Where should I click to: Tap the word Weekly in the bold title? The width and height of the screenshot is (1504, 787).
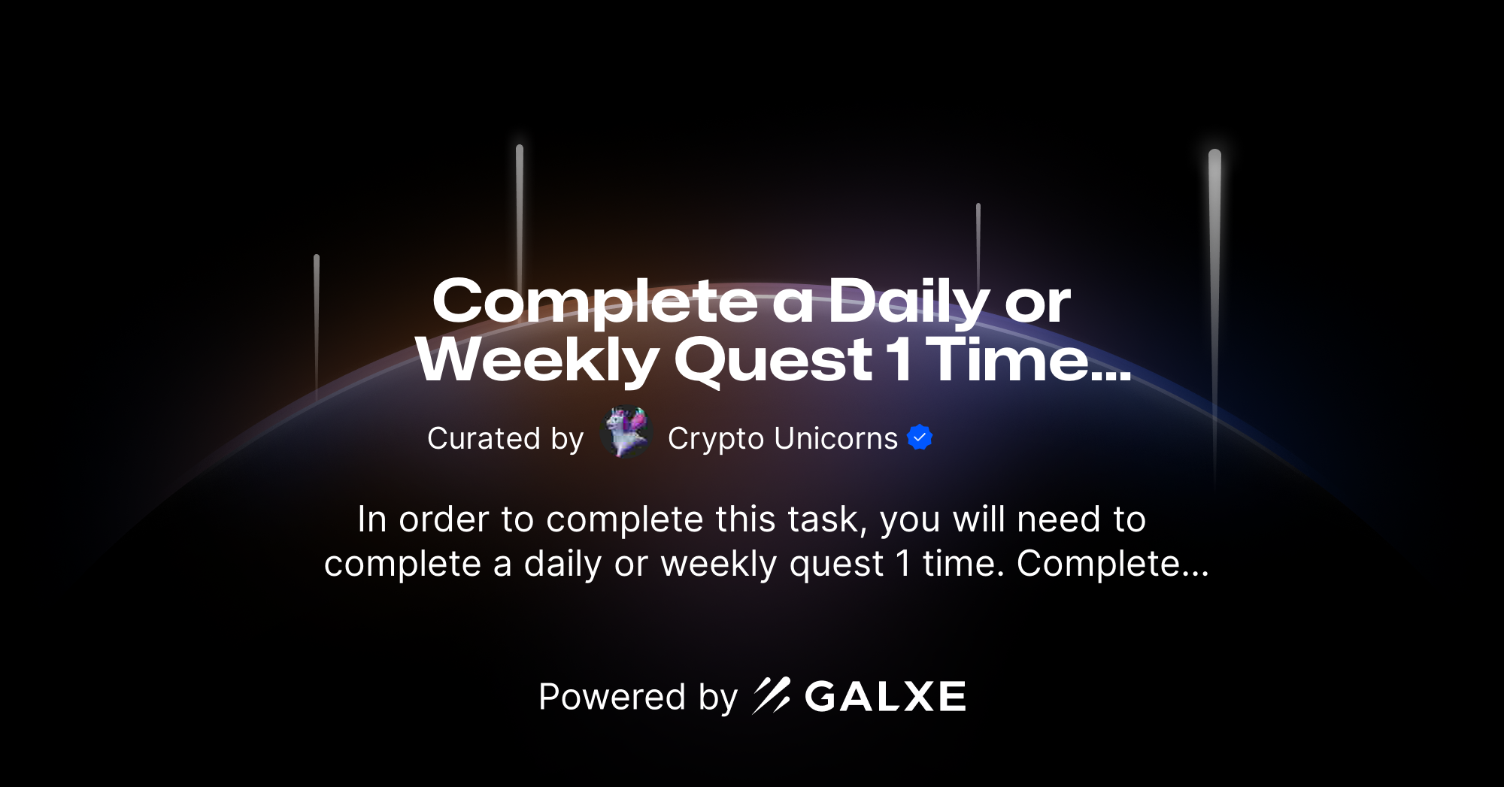[x=537, y=361]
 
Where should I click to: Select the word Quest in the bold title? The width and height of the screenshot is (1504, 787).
[x=773, y=361]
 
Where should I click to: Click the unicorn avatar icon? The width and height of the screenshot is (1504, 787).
[x=626, y=432]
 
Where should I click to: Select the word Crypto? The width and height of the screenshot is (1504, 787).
[x=715, y=439]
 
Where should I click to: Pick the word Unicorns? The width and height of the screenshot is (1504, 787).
[x=835, y=438]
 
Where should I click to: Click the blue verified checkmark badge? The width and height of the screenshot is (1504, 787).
[x=920, y=437]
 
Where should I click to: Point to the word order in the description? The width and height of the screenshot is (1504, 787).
[x=444, y=519]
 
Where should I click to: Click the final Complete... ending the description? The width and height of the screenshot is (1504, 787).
[x=1112, y=564]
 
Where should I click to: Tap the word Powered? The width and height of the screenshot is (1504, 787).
[x=612, y=697]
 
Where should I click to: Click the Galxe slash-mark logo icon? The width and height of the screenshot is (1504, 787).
[x=772, y=695]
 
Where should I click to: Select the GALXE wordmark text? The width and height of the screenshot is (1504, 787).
[x=885, y=697]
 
